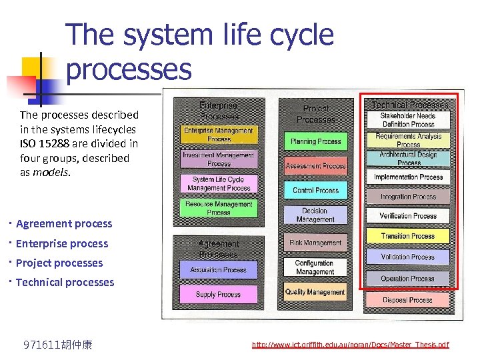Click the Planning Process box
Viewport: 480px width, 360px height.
[315, 142]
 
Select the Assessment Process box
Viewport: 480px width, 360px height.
[315, 166]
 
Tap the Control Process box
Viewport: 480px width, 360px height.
[315, 190]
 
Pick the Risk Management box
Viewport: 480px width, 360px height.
[315, 243]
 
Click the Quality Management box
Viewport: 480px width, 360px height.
[315, 292]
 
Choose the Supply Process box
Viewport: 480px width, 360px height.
[218, 294]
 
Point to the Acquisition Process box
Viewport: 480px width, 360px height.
[218, 270]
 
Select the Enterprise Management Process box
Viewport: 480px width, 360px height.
[219, 135]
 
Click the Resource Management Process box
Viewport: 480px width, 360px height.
[218, 208]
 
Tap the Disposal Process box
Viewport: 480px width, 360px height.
[407, 300]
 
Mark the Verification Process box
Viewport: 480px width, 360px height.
[407, 216]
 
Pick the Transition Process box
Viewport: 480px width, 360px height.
[407, 236]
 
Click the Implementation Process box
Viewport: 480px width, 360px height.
[408, 177]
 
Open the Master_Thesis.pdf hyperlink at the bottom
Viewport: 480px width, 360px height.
[350, 345]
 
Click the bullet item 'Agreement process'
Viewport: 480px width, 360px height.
[64, 224]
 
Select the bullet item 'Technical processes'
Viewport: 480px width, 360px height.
[65, 282]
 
